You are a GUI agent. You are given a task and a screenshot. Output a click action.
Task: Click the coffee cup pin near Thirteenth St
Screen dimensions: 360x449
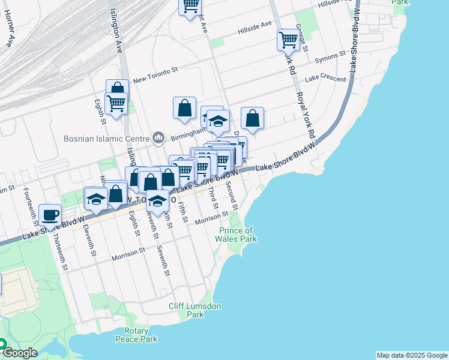click(50, 214)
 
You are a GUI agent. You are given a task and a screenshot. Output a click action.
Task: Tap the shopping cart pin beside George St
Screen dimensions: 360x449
click(288, 40)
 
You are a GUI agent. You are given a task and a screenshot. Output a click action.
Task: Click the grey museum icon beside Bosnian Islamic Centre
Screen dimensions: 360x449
click(158, 138)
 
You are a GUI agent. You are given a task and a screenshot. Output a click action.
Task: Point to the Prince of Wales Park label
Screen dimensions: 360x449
click(236, 235)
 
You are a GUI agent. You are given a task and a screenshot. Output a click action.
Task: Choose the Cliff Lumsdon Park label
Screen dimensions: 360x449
click(195, 310)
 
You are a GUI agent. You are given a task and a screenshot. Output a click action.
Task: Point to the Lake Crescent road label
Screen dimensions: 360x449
click(325, 79)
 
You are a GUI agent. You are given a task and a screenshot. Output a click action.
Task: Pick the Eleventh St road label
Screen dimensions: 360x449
click(91, 240)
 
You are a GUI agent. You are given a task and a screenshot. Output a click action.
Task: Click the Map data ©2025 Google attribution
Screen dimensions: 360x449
click(412, 355)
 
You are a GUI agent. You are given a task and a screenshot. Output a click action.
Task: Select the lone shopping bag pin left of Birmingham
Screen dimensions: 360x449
click(184, 108)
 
